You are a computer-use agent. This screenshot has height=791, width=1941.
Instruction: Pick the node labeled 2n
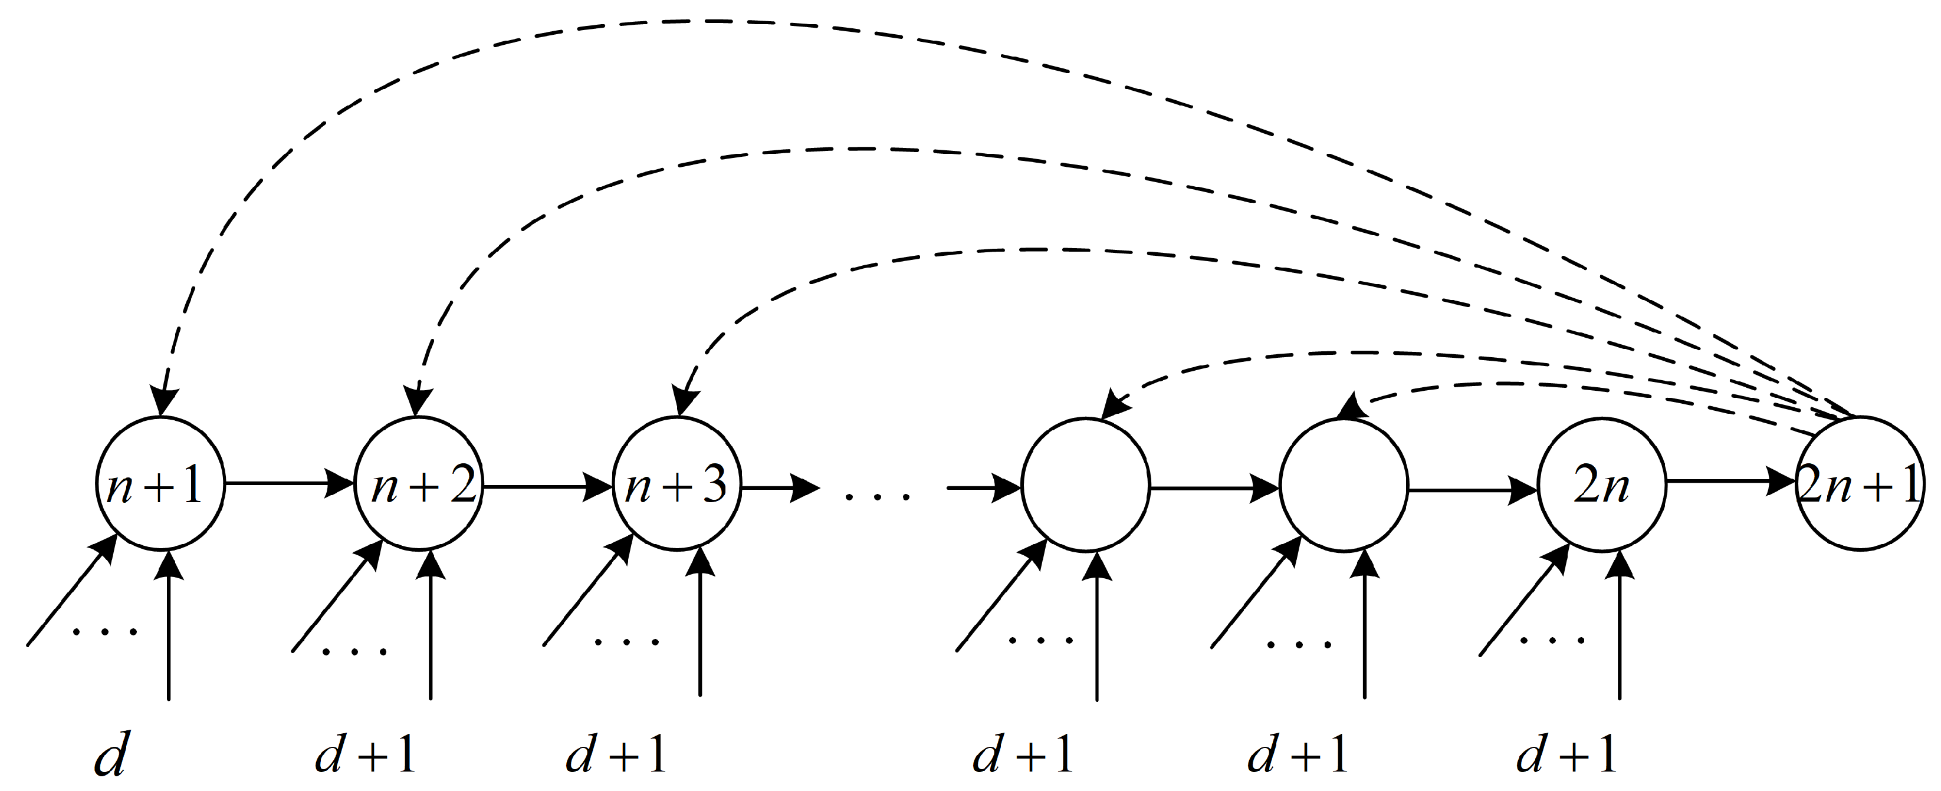tap(1602, 487)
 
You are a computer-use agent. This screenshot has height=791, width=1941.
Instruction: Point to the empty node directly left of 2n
tap(1344, 487)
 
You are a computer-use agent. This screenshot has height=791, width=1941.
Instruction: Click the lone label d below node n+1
tap(110, 756)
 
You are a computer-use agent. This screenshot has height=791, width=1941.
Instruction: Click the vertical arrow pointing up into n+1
tap(168, 625)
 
